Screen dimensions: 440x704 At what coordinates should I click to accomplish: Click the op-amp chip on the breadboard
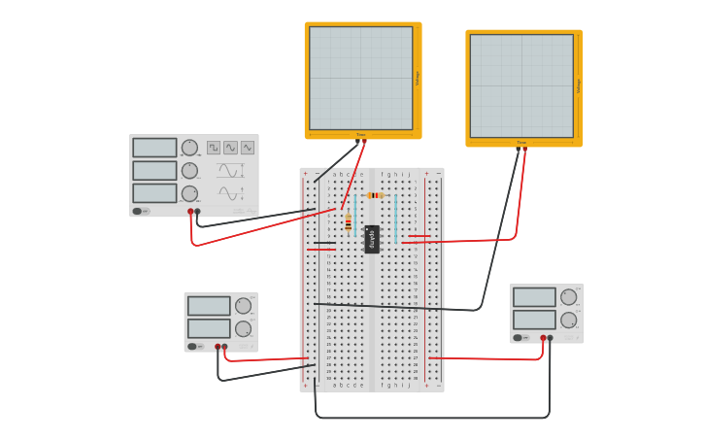[372, 238]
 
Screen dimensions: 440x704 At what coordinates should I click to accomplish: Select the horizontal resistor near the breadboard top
[375, 195]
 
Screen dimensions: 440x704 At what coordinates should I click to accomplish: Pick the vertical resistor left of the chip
[348, 223]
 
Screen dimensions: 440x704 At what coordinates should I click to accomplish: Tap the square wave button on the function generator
[213, 148]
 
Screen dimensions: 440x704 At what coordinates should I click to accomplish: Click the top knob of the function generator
[189, 148]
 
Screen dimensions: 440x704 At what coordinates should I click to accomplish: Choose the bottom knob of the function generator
[189, 193]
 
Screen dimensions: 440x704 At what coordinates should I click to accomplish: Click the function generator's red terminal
[190, 211]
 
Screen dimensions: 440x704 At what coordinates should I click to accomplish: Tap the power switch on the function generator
[137, 211]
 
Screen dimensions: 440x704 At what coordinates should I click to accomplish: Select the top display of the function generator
[154, 148]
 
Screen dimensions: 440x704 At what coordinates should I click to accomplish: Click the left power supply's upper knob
[243, 306]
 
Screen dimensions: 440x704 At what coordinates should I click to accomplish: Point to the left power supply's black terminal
[224, 346]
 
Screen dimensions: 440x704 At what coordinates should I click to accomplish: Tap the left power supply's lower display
[209, 328]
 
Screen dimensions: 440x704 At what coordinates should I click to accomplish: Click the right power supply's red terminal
[543, 338]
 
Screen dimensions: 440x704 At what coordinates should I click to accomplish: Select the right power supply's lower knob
[569, 320]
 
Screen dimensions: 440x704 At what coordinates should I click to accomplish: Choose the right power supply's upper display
[534, 297]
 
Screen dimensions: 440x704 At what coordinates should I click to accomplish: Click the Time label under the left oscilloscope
[360, 135]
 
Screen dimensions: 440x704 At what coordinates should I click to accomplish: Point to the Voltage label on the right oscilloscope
[579, 85]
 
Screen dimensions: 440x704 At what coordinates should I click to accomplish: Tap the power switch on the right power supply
[518, 338]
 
